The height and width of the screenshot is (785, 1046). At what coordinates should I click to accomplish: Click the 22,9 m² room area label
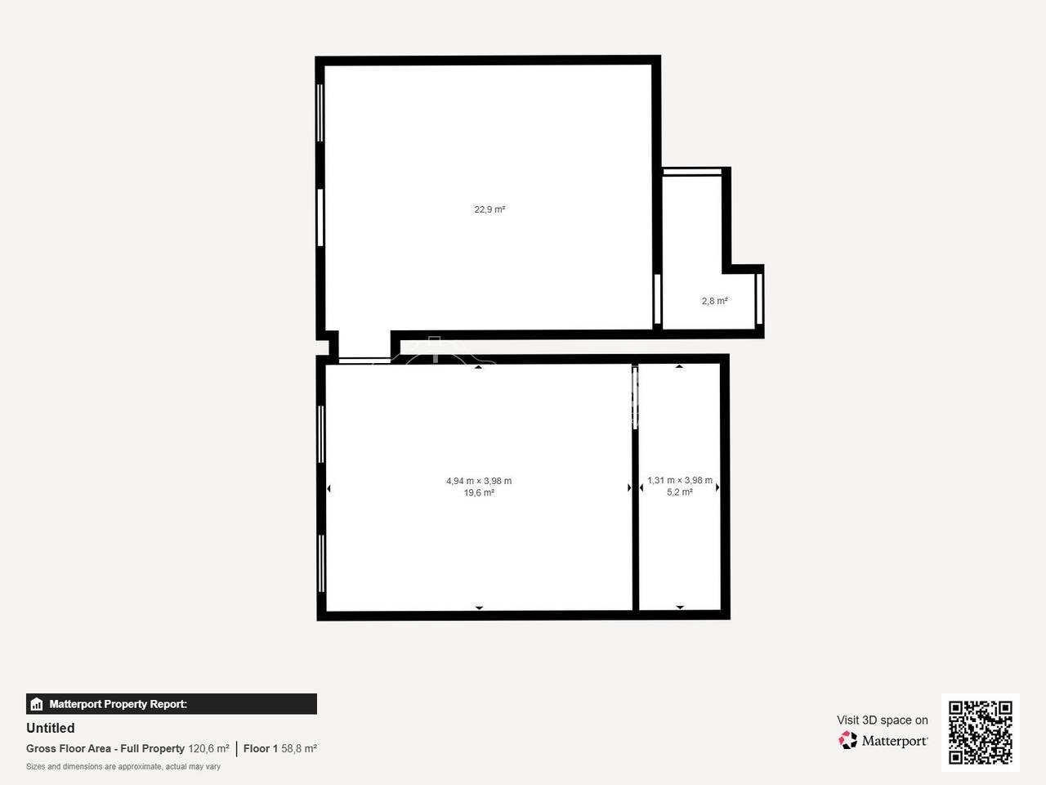coord(489,209)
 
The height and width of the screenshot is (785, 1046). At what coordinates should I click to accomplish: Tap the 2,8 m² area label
coord(714,301)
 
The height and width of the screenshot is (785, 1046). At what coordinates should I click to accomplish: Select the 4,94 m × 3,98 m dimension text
coord(479,481)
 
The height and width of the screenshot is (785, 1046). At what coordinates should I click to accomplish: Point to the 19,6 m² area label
coord(479,493)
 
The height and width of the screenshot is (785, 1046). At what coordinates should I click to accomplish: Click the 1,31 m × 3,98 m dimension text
coord(680,481)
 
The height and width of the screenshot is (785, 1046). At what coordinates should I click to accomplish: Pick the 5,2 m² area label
coord(680,492)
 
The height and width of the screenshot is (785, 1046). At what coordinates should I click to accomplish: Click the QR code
coord(981,733)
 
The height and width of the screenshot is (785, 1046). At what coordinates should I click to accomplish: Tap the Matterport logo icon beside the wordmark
coord(847,740)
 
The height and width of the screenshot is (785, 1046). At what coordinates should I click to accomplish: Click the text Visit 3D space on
coord(882,720)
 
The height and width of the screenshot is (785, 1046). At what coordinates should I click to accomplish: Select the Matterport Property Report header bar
coord(172,704)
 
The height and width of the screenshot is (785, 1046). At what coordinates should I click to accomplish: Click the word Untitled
coord(51,729)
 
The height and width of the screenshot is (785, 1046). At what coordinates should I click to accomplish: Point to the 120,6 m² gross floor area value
coord(208,749)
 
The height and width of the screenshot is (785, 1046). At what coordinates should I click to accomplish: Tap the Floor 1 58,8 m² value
coord(280,749)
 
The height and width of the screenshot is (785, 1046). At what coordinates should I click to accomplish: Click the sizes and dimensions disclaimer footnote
coord(123,767)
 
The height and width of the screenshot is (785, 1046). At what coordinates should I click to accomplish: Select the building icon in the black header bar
coord(37,704)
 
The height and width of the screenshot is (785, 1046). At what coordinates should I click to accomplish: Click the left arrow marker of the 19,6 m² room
coord(329,488)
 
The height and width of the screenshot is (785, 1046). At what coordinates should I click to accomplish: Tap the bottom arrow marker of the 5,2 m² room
coord(680,608)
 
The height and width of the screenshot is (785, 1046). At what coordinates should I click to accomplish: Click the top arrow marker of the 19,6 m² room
coord(478,367)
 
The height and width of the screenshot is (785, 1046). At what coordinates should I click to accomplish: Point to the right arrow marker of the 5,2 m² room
coord(717,487)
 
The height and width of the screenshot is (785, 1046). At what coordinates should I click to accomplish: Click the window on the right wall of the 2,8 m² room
coord(760,298)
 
